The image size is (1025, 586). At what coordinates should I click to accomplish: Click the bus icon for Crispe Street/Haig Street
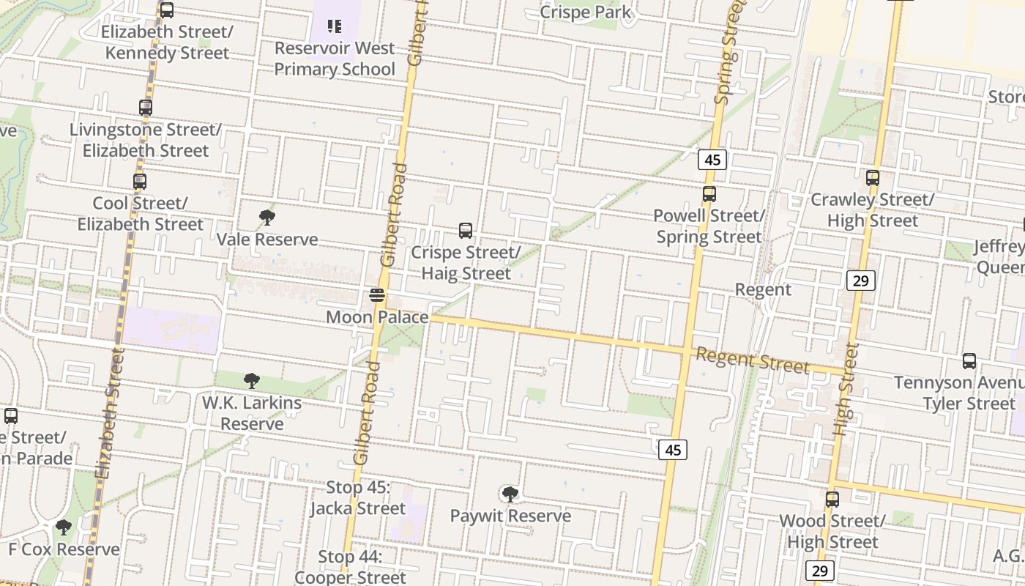[x=466, y=231]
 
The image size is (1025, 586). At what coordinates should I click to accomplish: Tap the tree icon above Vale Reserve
[x=267, y=218]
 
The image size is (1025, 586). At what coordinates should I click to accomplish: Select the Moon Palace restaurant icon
[x=377, y=296]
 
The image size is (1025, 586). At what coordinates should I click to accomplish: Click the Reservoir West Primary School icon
[x=335, y=27]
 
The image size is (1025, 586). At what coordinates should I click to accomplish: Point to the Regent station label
[x=763, y=289]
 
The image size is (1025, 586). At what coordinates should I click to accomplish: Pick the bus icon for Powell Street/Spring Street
[x=709, y=194]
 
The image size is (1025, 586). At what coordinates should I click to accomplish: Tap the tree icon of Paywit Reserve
[x=510, y=494]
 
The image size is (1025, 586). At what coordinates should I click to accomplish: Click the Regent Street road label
[x=753, y=360]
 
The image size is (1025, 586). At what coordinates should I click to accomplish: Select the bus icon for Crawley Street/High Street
[x=872, y=178]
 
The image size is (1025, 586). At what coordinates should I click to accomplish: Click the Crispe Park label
[x=586, y=12]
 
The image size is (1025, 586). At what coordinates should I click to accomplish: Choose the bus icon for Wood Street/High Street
[x=832, y=500]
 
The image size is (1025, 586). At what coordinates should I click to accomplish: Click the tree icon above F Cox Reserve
[x=64, y=527]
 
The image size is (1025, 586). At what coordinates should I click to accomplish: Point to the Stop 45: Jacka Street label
[x=356, y=498]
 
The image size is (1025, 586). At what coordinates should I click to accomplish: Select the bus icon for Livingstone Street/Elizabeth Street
[x=146, y=108]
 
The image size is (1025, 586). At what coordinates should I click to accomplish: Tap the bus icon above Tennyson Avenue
[x=969, y=361]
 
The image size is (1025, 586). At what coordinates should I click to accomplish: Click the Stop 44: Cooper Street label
[x=350, y=567]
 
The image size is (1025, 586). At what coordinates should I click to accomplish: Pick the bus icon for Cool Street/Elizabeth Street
[x=140, y=182]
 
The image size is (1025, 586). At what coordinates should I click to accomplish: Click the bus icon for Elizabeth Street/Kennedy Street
[x=167, y=10]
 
